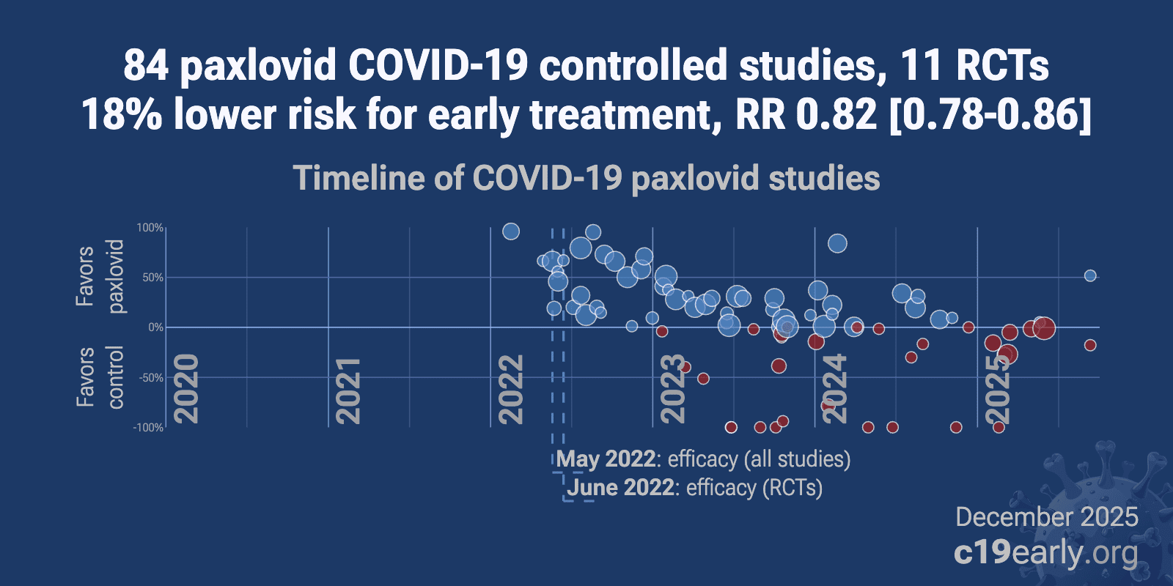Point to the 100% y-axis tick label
150,228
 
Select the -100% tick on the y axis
148,427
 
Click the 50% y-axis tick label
152,278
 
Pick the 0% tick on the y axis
155,327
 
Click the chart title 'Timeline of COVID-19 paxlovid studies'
586,178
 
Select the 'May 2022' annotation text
606,459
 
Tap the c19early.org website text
1045,553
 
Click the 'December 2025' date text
1047,517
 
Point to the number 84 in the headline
145,65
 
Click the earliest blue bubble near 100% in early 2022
511,231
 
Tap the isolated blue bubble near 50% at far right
1090,275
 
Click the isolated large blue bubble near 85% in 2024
837,243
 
